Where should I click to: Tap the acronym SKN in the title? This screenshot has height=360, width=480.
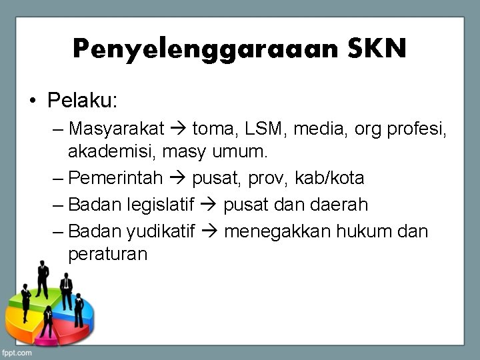click(377, 48)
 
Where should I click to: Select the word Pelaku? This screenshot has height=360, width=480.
click(81, 101)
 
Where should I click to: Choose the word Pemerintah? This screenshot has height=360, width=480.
click(115, 178)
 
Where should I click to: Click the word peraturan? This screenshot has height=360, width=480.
click(107, 254)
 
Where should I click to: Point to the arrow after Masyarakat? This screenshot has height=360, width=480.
click(179, 127)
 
